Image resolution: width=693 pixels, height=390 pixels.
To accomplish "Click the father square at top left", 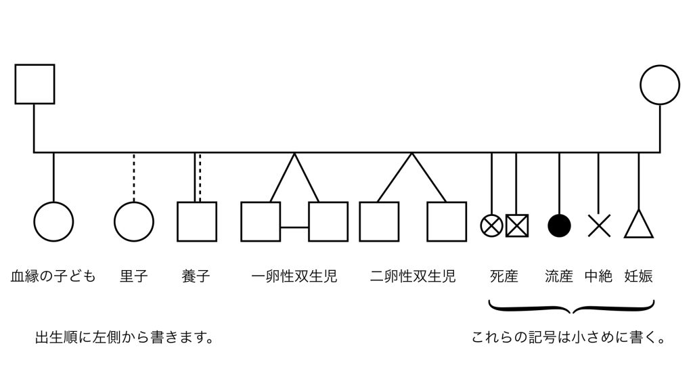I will [x=35, y=84].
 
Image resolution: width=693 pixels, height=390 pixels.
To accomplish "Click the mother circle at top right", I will [x=660, y=85].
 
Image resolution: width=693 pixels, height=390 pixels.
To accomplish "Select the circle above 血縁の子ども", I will [x=53, y=221].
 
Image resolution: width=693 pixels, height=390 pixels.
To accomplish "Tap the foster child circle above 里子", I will [x=134, y=221].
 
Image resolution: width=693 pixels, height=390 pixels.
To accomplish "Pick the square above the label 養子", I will [x=197, y=221].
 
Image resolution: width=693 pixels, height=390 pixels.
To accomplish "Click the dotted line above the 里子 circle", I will [x=134, y=177].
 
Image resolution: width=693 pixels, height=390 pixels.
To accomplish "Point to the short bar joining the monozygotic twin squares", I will [x=294, y=227].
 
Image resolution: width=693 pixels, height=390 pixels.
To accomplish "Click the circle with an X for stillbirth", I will [x=491, y=225].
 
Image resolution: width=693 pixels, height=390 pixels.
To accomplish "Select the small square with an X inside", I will [x=517, y=225].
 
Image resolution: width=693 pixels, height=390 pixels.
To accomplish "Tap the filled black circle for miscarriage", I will [x=559, y=225].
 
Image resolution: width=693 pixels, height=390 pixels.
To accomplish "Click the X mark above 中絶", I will [x=599, y=225].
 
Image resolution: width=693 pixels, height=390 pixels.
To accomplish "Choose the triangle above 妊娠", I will [x=638, y=224].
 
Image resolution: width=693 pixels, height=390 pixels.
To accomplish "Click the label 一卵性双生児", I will [x=294, y=276].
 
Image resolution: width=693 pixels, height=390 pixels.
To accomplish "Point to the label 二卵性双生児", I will [x=413, y=276].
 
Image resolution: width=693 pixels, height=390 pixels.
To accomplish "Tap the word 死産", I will [x=504, y=276].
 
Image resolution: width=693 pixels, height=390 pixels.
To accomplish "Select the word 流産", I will [x=559, y=276].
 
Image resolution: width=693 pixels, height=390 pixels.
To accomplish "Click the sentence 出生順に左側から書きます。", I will [x=125, y=337].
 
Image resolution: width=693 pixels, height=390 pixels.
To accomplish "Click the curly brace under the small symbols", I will [x=572, y=309].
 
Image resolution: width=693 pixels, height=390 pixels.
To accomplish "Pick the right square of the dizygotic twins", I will [x=447, y=221].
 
